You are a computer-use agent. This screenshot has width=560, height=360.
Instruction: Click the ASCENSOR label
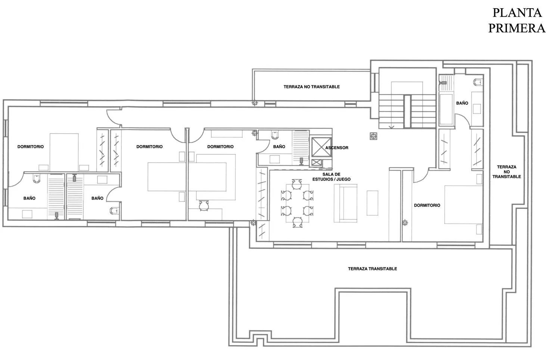coord(336,148)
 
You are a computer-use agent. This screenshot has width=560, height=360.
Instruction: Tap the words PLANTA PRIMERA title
coord(517,20)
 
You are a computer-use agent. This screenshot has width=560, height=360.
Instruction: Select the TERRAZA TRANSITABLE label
coord(372,269)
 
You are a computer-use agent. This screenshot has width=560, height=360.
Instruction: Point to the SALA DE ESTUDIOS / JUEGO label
coord(331,177)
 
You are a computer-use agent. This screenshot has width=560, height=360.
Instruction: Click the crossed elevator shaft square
coord(321,147)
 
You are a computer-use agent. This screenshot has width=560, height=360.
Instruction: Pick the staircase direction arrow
coord(391,127)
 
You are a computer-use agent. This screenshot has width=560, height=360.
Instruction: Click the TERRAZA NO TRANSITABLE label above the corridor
coord(311,87)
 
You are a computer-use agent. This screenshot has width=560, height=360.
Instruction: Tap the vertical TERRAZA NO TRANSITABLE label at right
coord(507,172)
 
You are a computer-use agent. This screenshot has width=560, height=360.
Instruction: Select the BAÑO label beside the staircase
coord(462,103)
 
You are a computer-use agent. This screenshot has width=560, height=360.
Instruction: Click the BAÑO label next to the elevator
coord(279,147)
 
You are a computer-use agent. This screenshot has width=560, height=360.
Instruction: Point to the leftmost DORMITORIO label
coord(31,147)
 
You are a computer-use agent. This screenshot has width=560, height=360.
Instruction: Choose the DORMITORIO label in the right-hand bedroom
coord(427,205)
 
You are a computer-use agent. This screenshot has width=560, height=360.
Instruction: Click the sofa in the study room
coord(345,203)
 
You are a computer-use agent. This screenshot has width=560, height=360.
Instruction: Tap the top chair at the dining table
coord(297,184)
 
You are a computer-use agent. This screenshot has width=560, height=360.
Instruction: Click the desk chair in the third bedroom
coord(204,206)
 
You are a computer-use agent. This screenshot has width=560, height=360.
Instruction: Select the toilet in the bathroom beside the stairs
coord(477,82)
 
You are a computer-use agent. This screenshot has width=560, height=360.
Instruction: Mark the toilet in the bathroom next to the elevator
coord(274,135)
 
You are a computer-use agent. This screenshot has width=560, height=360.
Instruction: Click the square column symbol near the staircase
coord(373,136)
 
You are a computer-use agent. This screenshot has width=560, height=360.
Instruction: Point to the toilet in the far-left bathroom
coord(37,178)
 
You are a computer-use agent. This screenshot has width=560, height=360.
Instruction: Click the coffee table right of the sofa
coord(372,203)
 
